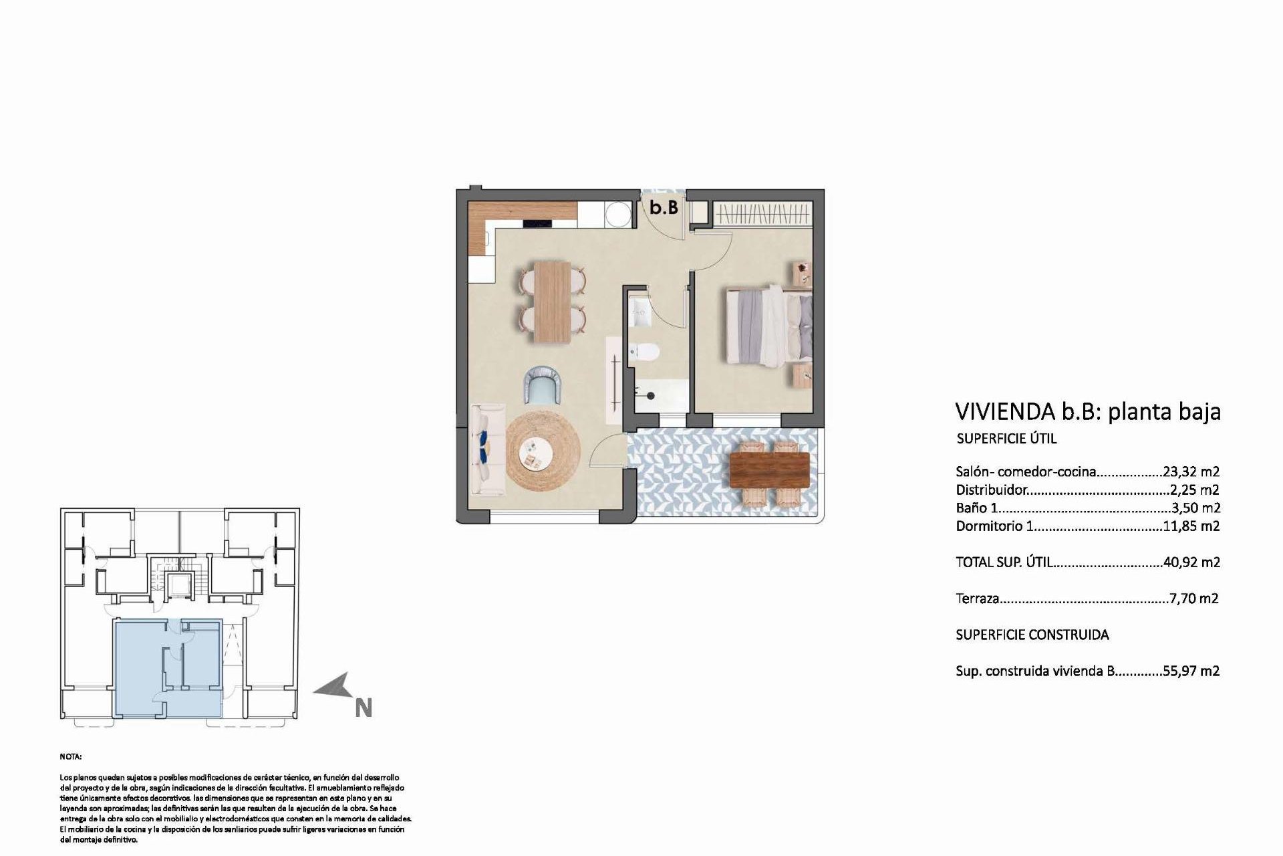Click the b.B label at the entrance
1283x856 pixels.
664,208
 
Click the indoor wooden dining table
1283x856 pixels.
552,302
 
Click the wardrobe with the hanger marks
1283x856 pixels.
763,214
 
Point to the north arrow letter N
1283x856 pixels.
363,708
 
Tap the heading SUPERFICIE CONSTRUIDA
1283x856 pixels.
1032,635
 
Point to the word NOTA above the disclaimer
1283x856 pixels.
71,758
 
